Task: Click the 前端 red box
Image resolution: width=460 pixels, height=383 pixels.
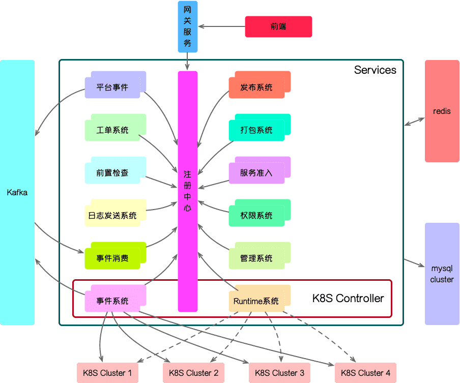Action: point(278,26)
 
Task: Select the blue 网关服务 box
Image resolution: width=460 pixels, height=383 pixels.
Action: point(187,26)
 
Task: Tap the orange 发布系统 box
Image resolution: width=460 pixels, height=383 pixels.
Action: point(257,87)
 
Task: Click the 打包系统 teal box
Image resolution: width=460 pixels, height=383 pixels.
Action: point(257,130)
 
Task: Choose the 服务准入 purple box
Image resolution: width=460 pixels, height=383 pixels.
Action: point(257,172)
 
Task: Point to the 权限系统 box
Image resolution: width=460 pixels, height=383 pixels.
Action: point(257,215)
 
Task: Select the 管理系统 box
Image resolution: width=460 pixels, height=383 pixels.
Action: point(257,258)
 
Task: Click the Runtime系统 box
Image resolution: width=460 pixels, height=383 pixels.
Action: point(257,301)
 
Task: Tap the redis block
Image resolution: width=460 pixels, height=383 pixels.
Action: point(442,111)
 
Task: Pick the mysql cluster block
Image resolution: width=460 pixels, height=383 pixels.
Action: point(442,274)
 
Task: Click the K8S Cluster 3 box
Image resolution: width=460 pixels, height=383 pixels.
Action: point(279,373)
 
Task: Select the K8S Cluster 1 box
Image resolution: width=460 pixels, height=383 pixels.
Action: point(107,373)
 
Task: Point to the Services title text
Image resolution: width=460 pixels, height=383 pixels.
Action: point(375,70)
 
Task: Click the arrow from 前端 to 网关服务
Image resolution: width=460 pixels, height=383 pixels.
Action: point(221,26)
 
